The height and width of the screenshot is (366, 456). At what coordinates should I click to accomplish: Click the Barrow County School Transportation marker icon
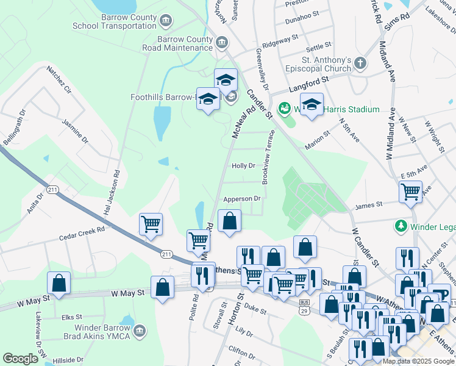pos(165,21)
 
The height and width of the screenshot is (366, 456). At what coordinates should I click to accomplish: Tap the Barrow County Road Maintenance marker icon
pos(221,43)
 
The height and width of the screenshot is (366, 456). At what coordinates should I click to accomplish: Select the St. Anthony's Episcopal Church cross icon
pos(360,63)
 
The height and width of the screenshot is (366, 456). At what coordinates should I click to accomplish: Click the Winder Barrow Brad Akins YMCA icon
pos(140,331)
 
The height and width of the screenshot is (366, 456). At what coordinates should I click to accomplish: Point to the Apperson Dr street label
pos(242,198)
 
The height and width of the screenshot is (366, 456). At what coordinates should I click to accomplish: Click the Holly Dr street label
pos(243,165)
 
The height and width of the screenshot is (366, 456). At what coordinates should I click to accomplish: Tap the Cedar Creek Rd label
pos(83,232)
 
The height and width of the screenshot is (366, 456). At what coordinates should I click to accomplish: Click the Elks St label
pos(71,317)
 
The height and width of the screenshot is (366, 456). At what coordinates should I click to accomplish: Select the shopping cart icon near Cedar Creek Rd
pos(151,223)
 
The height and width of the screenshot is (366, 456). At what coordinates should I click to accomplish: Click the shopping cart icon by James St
pos(410,192)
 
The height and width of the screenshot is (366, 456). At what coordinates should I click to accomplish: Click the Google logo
pos(21,359)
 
